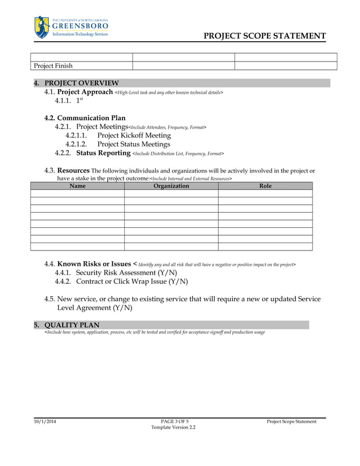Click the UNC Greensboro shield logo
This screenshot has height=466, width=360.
point(42,27)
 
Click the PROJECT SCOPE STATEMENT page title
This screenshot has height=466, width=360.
point(264,36)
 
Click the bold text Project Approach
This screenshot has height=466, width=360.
point(85,92)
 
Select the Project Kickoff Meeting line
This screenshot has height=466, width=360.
point(134,135)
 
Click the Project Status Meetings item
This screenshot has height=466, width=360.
point(133,144)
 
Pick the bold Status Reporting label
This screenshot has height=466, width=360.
point(103,153)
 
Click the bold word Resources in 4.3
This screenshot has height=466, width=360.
point(73,170)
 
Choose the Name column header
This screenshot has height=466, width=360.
point(77,186)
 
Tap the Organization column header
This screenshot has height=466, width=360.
point(171,186)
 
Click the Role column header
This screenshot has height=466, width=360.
point(265,186)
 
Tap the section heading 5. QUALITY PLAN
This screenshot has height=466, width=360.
point(72,325)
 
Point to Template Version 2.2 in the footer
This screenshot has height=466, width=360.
point(173,428)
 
